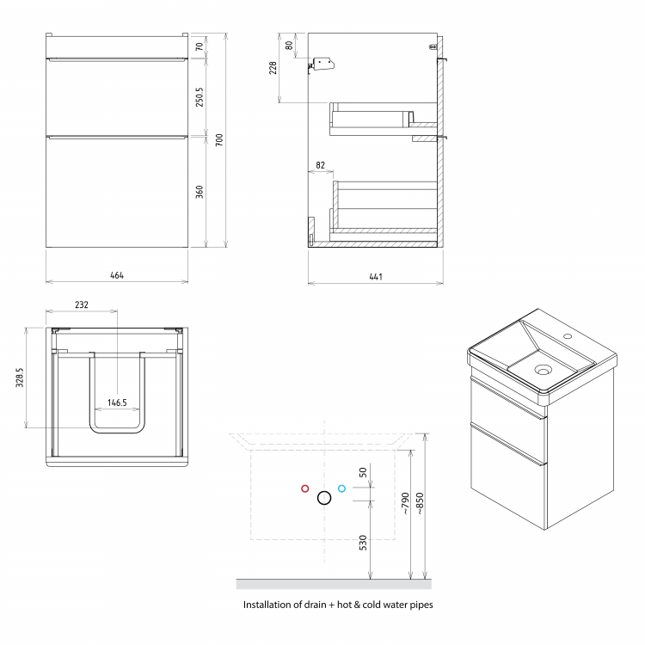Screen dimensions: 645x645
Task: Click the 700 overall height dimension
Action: [x=219, y=140]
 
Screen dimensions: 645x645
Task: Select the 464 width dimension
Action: [x=117, y=275]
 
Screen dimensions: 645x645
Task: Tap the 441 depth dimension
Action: [x=376, y=276]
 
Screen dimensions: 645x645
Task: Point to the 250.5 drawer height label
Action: [x=200, y=97]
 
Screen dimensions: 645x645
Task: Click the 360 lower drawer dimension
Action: [x=200, y=192]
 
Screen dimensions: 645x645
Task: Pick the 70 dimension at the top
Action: [x=200, y=46]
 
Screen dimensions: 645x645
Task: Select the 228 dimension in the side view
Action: [x=273, y=68]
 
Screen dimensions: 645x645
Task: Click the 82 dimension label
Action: [x=320, y=165]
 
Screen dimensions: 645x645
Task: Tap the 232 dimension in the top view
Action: [x=82, y=304]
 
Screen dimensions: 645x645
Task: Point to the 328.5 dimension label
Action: [x=19, y=378]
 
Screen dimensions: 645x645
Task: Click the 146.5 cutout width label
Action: [x=117, y=402]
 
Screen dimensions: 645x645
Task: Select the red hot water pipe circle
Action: [x=304, y=488]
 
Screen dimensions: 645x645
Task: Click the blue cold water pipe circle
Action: [x=341, y=488]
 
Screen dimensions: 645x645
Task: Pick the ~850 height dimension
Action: [x=420, y=503]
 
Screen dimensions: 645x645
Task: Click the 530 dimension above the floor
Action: [x=363, y=542]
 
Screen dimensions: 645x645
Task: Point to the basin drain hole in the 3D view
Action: [x=543, y=370]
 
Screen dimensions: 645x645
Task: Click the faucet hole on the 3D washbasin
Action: [x=568, y=336]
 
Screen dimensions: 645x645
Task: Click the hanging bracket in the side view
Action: [x=322, y=64]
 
